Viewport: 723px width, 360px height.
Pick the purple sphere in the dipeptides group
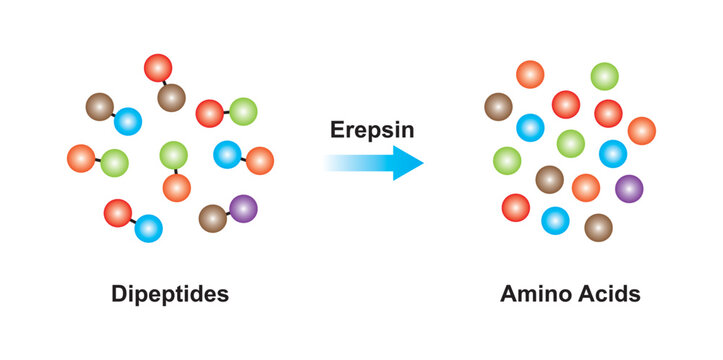pos(243,208)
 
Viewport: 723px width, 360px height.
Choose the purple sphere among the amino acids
pos(629,187)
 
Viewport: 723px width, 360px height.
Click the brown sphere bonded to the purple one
pos(213,217)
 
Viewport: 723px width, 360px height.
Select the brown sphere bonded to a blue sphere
pos(99,107)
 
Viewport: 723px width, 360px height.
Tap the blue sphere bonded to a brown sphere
pos(128,122)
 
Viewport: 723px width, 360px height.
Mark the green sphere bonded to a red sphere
pos(243,112)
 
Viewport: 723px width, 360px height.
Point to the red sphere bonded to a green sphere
pos(209,114)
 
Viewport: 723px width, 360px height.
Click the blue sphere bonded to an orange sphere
pos(227,154)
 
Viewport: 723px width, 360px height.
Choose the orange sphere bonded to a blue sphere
pos(260,160)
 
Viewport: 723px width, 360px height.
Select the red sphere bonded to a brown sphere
pos(158,68)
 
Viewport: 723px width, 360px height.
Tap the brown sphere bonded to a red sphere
pos(171,97)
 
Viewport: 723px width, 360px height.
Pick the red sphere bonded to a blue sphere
pos(117,213)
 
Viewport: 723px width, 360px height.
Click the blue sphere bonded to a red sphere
pos(148,229)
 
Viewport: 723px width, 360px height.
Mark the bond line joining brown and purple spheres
pos(228,212)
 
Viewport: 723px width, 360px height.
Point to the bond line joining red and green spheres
pos(226,113)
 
